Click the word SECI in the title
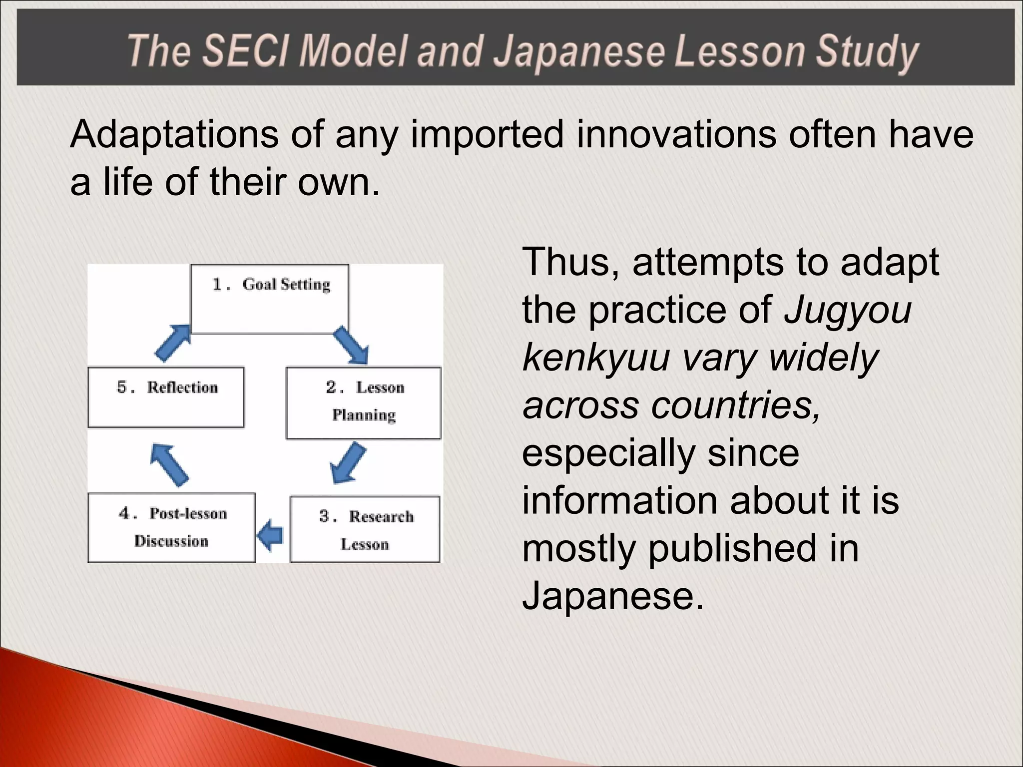coord(245,51)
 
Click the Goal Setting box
coord(270,299)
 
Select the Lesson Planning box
coord(364,402)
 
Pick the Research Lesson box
coord(365,529)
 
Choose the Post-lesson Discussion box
coord(171,527)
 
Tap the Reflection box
coord(166,397)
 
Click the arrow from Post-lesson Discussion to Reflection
coord(169,464)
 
